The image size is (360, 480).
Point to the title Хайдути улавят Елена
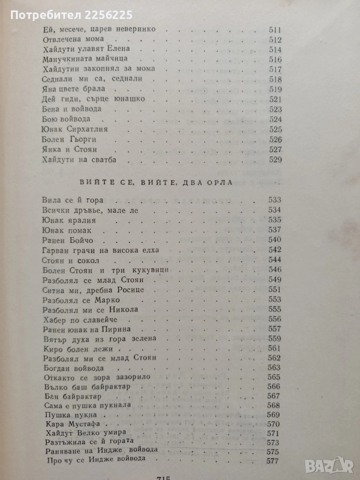[x=87, y=49]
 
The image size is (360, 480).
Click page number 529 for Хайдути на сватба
[x=276, y=160]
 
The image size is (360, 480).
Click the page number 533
[x=275, y=200]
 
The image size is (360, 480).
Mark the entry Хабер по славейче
[x=80, y=319]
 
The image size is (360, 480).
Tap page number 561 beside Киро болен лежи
[x=275, y=348]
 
